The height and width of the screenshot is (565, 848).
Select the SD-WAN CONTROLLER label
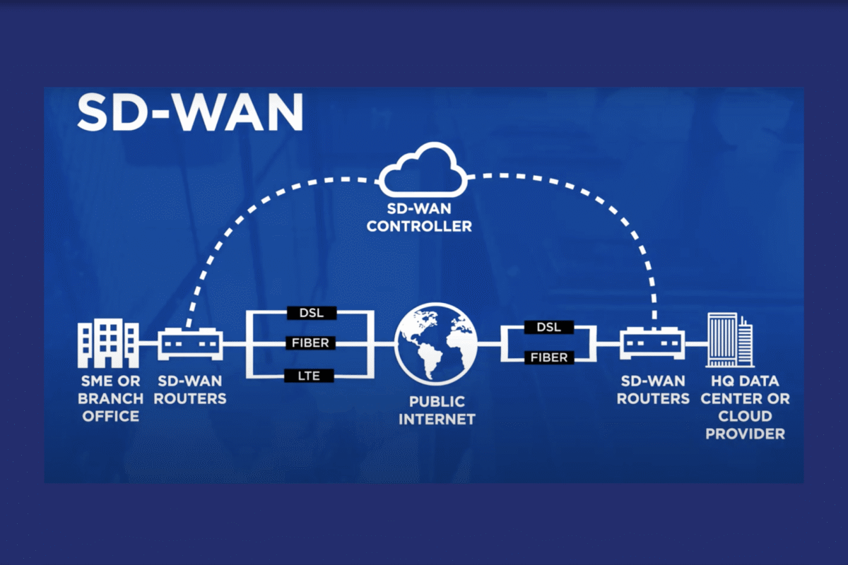tap(420, 218)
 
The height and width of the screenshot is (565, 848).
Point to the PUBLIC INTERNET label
tap(437, 410)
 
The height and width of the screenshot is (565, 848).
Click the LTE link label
tap(310, 376)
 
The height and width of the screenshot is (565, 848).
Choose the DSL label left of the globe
tap(310, 313)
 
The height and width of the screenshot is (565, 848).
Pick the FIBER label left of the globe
tap(310, 344)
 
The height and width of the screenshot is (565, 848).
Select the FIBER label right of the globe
tap(548, 358)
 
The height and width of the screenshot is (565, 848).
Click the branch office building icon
tap(108, 343)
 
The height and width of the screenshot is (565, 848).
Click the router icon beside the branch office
tap(189, 344)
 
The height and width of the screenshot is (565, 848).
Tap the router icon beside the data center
tap(653, 344)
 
